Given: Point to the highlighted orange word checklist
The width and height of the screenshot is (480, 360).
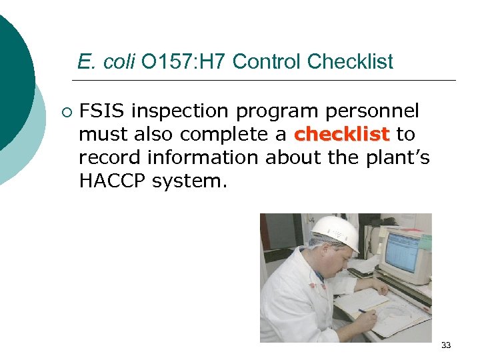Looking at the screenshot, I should pos(341,134).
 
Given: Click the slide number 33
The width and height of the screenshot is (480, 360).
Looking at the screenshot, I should pos(446,345).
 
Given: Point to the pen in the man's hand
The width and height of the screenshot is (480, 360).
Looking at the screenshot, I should pos(364,311).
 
